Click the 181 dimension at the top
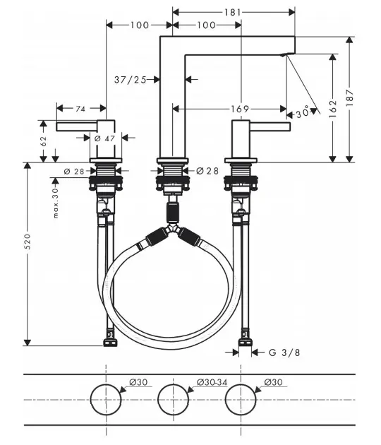(x=234, y=11)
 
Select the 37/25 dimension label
(x=130, y=79)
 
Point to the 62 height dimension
(x=44, y=141)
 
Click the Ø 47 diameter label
(x=104, y=138)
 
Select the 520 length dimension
(x=28, y=254)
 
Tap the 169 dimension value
(x=239, y=109)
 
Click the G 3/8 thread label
(x=282, y=352)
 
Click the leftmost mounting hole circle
(x=106, y=400)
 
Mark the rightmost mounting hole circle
(x=242, y=400)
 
